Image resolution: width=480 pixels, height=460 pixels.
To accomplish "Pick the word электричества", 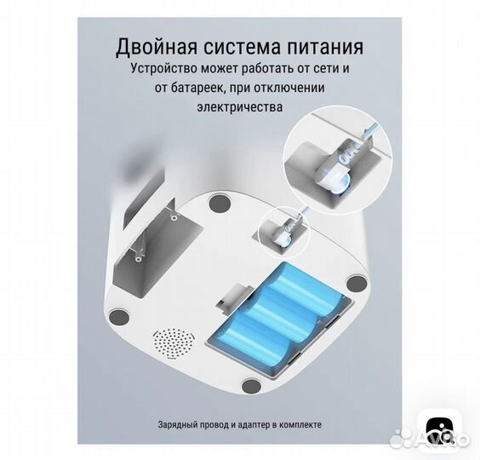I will point(239,108).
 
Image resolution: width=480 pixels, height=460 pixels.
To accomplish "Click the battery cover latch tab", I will point(228,298).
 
